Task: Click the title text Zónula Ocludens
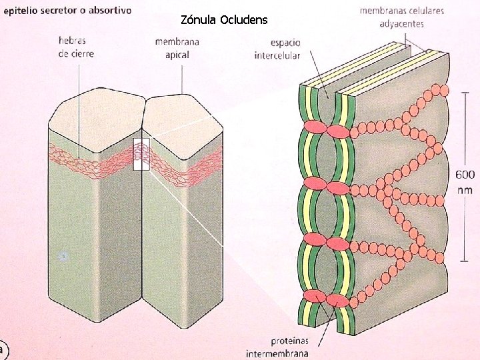[x=224, y=20]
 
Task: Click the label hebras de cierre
[x=76, y=48]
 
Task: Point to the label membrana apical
[x=177, y=48]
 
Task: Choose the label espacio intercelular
[x=277, y=49]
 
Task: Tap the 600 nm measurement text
[x=465, y=181]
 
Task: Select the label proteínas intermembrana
[x=278, y=346]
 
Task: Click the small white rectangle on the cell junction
[x=141, y=154]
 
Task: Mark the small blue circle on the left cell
[x=63, y=255]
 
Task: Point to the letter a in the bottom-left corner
[x=3, y=348]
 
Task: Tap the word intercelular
[x=277, y=55]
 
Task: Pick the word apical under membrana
[x=177, y=55]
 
